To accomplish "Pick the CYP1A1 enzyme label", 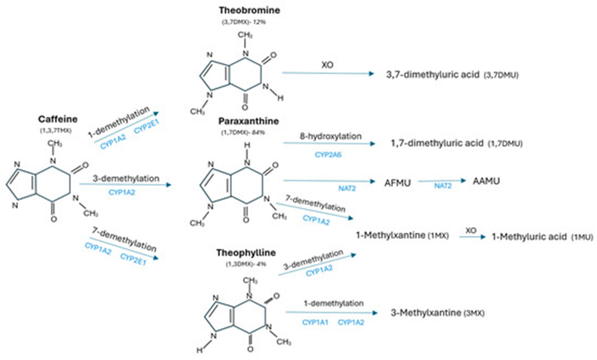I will pos(314,323).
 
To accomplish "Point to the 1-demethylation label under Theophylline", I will pos(334,303).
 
